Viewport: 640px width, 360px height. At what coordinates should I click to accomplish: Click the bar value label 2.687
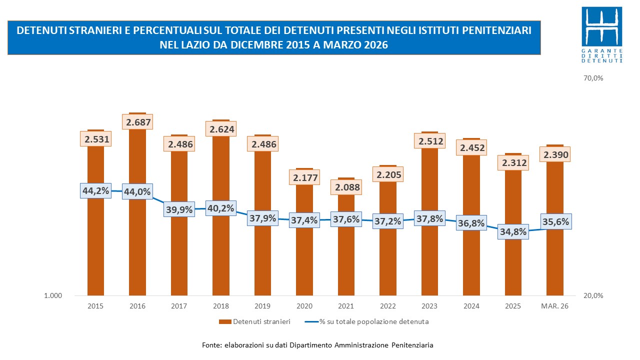click(x=137, y=122)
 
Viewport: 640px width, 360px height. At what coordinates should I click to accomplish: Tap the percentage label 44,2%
click(x=95, y=190)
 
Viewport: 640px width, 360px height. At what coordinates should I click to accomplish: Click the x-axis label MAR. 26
click(x=555, y=306)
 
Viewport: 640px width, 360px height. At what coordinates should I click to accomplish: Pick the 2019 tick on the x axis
click(x=262, y=306)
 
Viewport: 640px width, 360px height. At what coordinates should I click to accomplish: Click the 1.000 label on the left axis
click(x=53, y=295)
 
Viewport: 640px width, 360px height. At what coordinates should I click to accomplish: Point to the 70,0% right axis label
click(x=594, y=78)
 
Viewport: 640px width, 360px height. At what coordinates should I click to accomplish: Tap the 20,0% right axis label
click(x=594, y=295)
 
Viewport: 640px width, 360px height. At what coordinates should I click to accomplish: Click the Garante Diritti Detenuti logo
click(x=604, y=35)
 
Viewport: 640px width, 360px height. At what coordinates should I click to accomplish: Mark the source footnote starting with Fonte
click(x=317, y=345)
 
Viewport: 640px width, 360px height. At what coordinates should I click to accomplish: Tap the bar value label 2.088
click(x=346, y=187)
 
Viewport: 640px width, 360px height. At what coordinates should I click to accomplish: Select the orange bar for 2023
click(x=429, y=260)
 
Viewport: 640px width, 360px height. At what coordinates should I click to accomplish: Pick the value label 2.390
click(x=555, y=154)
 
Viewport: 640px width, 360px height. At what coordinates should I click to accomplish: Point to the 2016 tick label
click(x=137, y=306)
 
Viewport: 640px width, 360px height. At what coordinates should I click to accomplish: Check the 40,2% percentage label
click(x=221, y=208)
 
